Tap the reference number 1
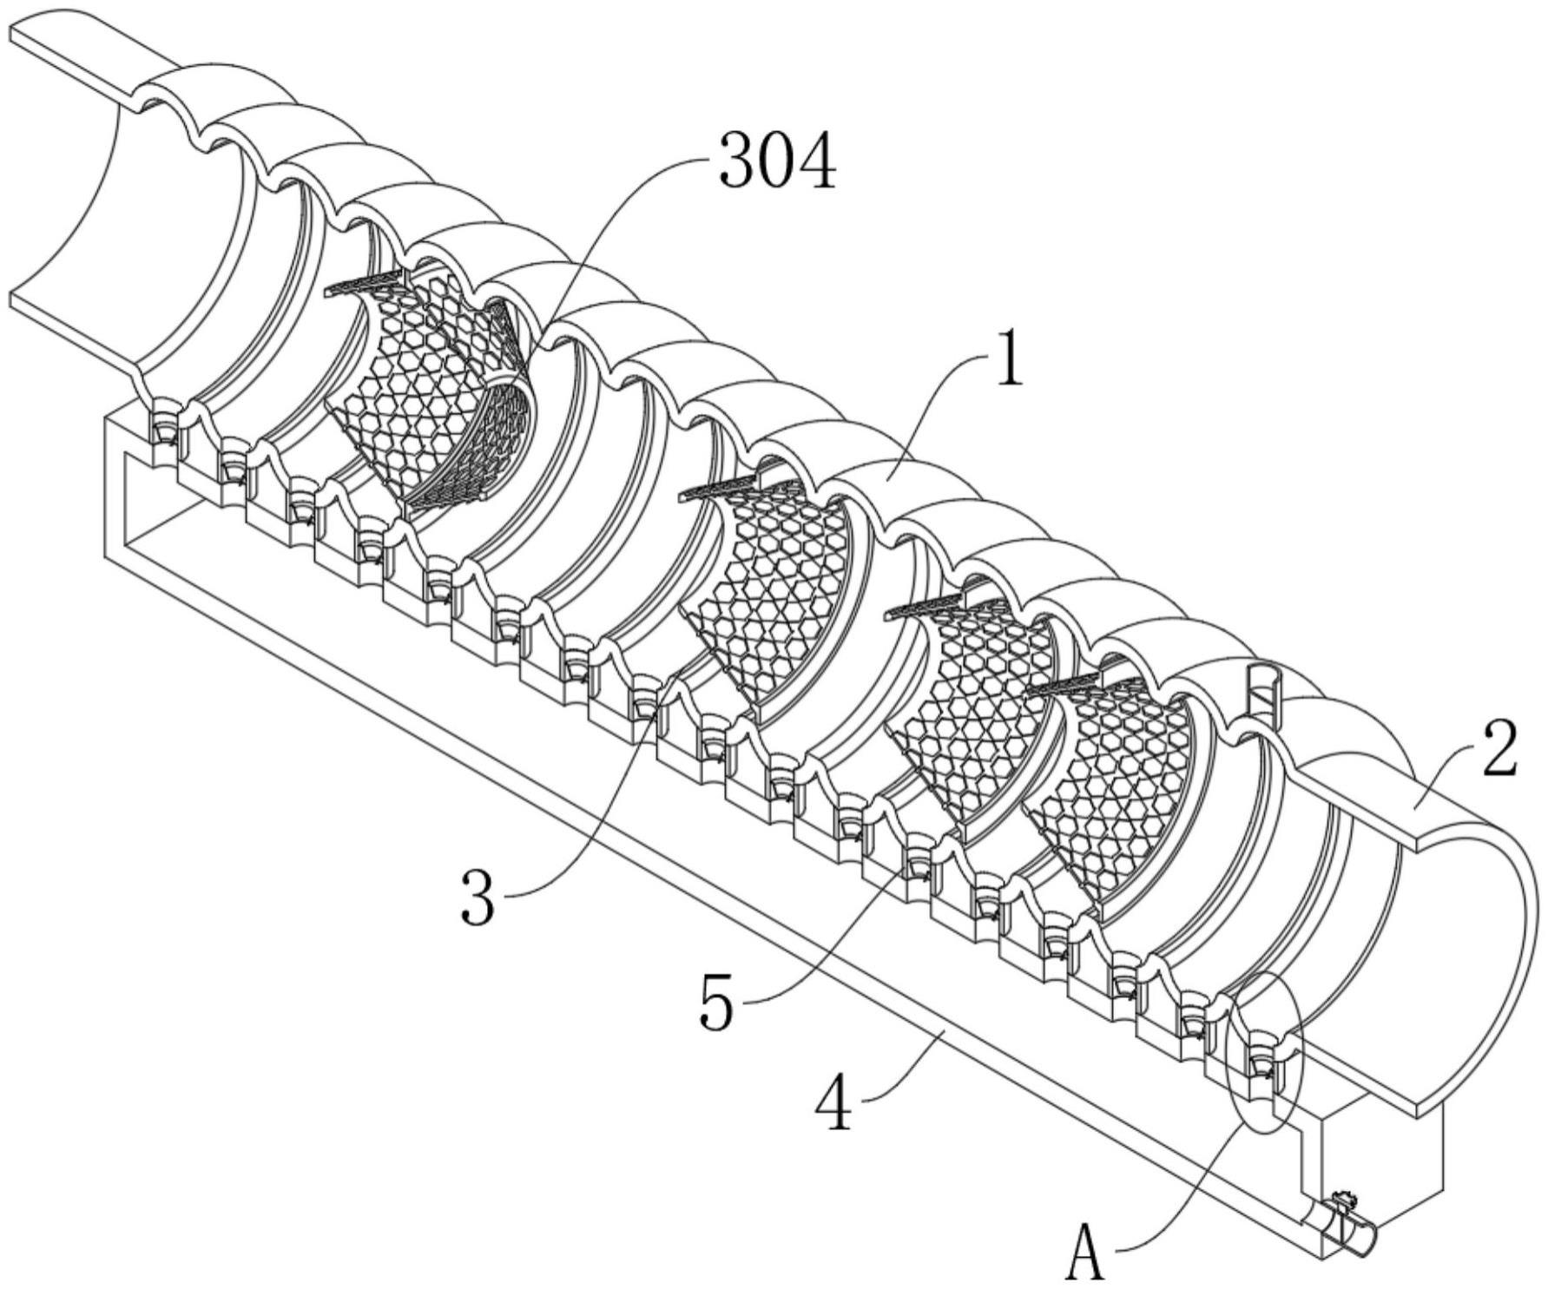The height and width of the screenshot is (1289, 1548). pos(1008,357)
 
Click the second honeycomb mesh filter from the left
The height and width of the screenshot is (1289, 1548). pos(764,590)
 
